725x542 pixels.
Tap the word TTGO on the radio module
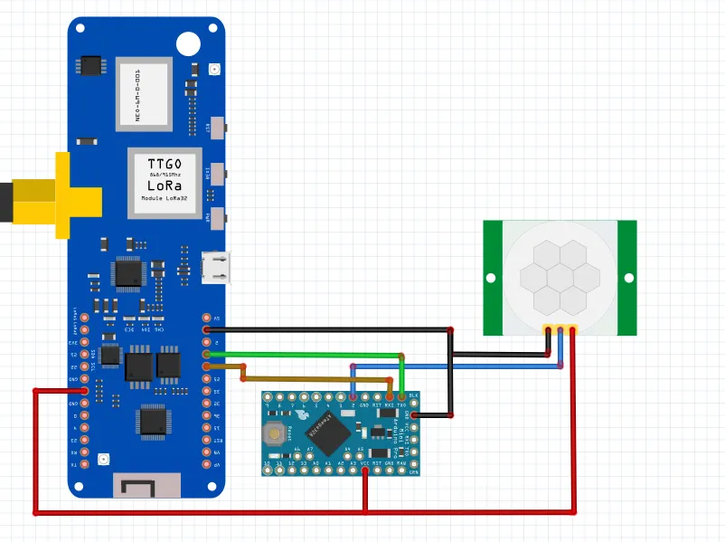click(x=165, y=164)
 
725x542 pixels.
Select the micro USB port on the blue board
click(x=216, y=268)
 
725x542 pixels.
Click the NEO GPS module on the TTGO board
click(x=142, y=92)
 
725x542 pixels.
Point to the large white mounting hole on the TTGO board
click(x=188, y=43)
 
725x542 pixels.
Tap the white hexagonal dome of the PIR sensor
click(x=560, y=275)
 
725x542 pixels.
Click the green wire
click(x=307, y=355)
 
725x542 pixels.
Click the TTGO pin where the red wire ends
click(x=85, y=390)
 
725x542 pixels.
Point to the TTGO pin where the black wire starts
click(x=206, y=330)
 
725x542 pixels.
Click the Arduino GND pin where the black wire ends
click(x=414, y=415)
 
